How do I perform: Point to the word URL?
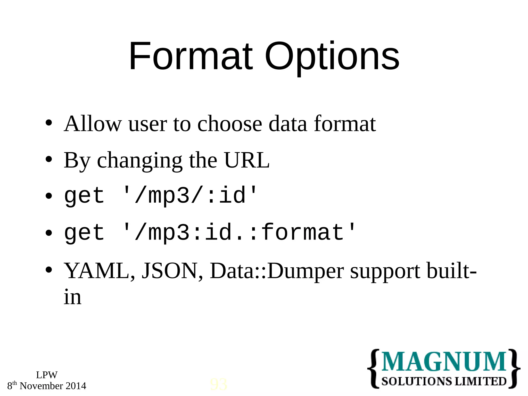247,160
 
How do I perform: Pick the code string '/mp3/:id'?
190,195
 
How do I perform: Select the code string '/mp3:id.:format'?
240,233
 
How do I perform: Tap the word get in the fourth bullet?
84,233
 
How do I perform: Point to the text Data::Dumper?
277,271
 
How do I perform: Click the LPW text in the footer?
47,375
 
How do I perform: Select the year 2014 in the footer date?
76,386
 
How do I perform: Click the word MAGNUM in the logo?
443,361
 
